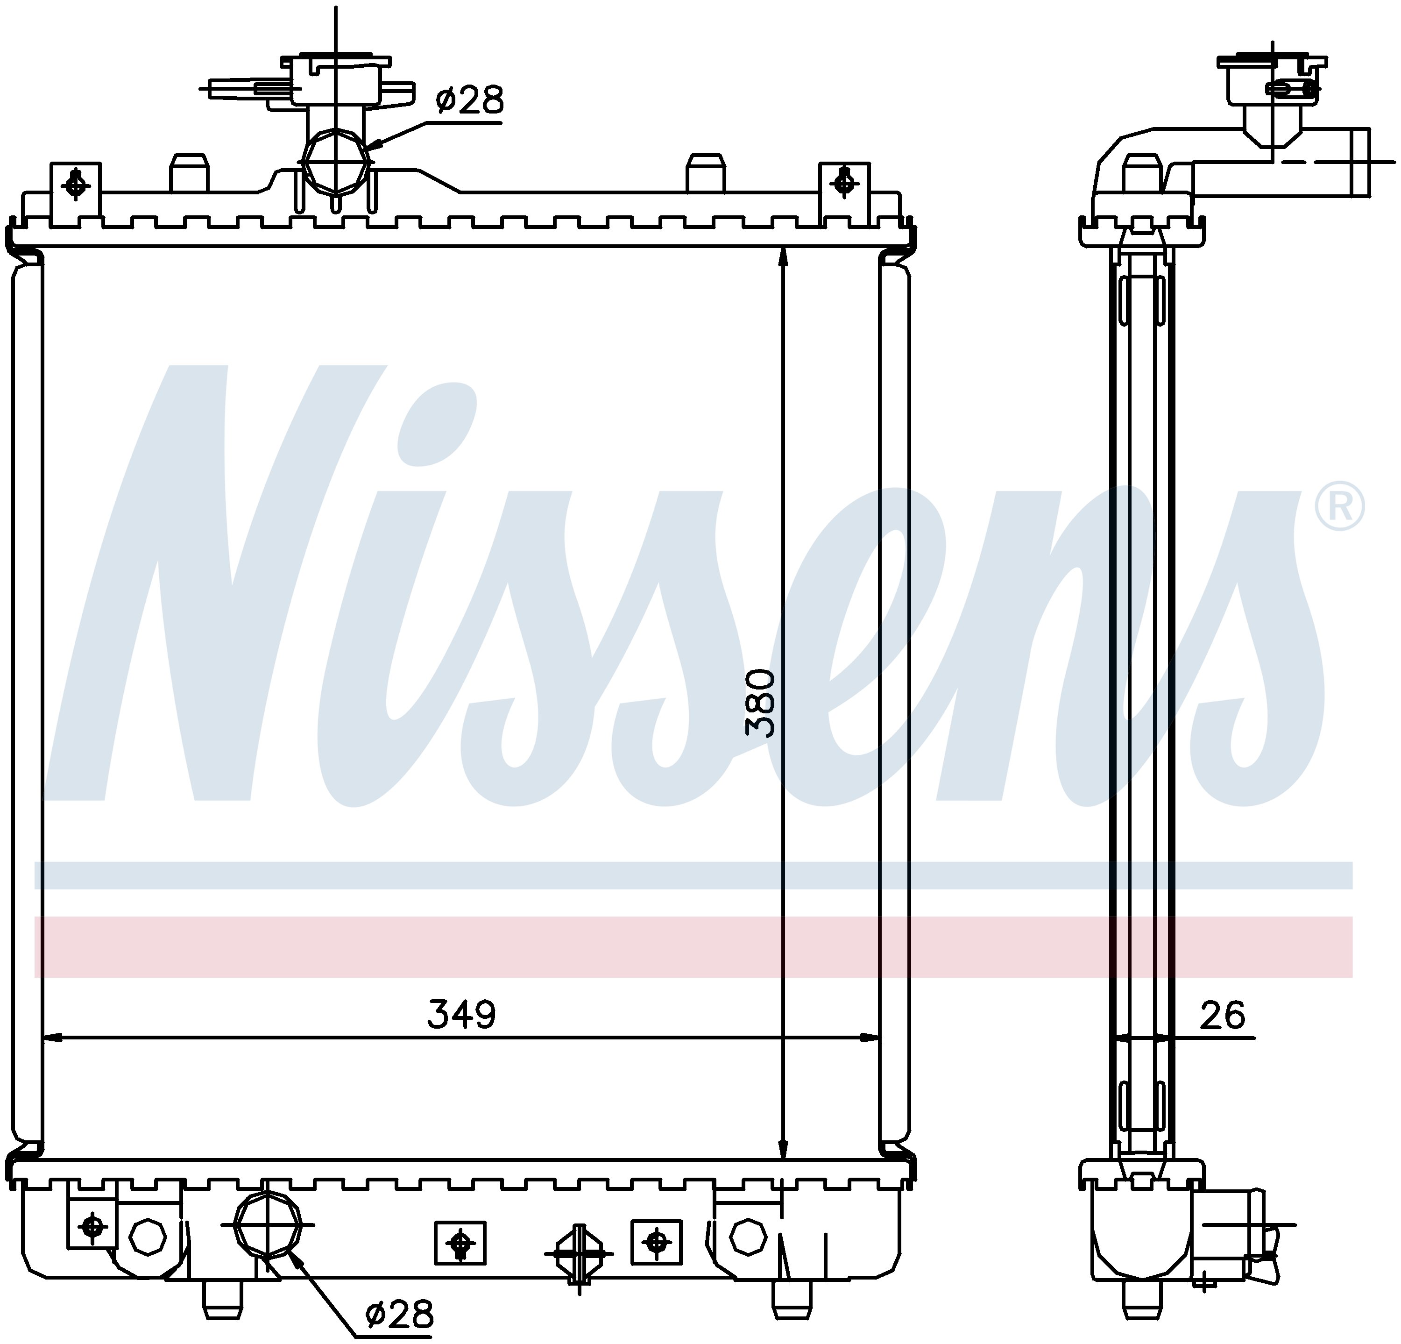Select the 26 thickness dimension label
pos(1222,1015)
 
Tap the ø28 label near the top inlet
pos(470,100)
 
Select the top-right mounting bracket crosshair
pos(844,183)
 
